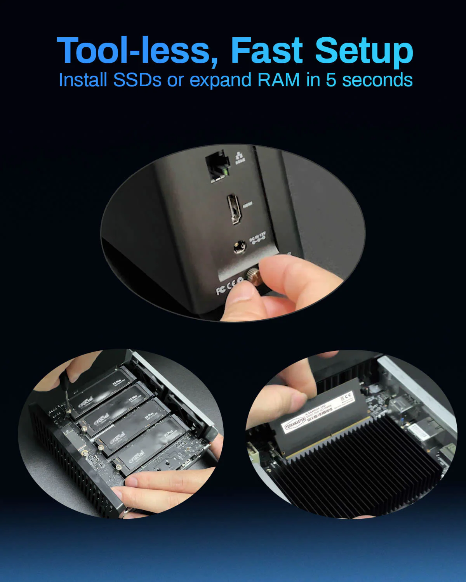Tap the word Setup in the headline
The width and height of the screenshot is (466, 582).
(x=364, y=50)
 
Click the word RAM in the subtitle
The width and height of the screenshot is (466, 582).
(x=279, y=80)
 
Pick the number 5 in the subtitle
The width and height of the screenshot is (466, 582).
(x=331, y=80)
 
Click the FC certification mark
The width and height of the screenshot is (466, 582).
(x=221, y=290)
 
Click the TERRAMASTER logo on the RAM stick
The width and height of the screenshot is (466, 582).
(x=295, y=425)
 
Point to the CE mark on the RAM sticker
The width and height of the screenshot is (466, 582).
(x=346, y=397)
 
